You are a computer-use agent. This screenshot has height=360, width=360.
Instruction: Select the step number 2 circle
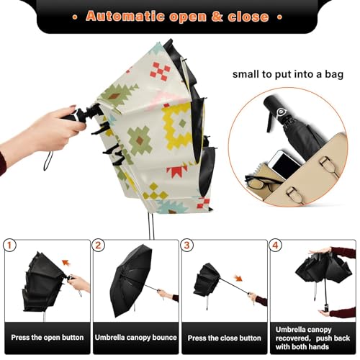click(99, 245)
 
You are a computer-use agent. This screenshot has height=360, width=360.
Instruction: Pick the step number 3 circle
click(187, 245)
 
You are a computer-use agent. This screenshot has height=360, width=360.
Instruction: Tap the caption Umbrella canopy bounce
click(135, 338)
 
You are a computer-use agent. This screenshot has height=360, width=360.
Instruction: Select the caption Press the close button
click(225, 338)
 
